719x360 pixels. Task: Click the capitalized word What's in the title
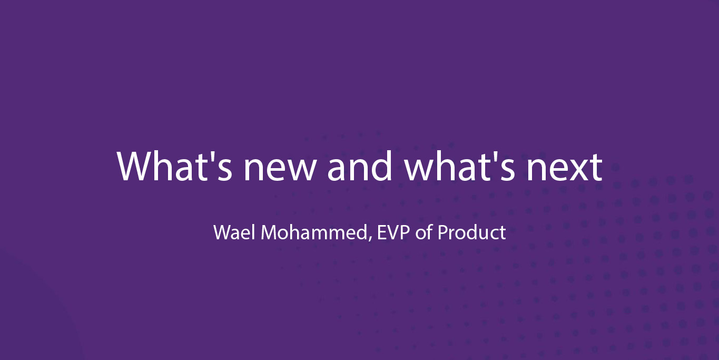click(174, 166)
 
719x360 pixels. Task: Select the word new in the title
click(280, 171)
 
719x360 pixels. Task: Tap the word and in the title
click(359, 166)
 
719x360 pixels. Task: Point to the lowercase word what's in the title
click(460, 166)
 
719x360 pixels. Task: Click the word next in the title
click(565, 168)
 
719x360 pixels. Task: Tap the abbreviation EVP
click(393, 232)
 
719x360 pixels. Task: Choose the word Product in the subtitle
click(472, 232)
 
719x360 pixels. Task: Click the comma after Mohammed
click(370, 239)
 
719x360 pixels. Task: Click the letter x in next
click(576, 171)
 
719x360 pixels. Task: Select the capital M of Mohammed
click(269, 232)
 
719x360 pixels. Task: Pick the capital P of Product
click(443, 232)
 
